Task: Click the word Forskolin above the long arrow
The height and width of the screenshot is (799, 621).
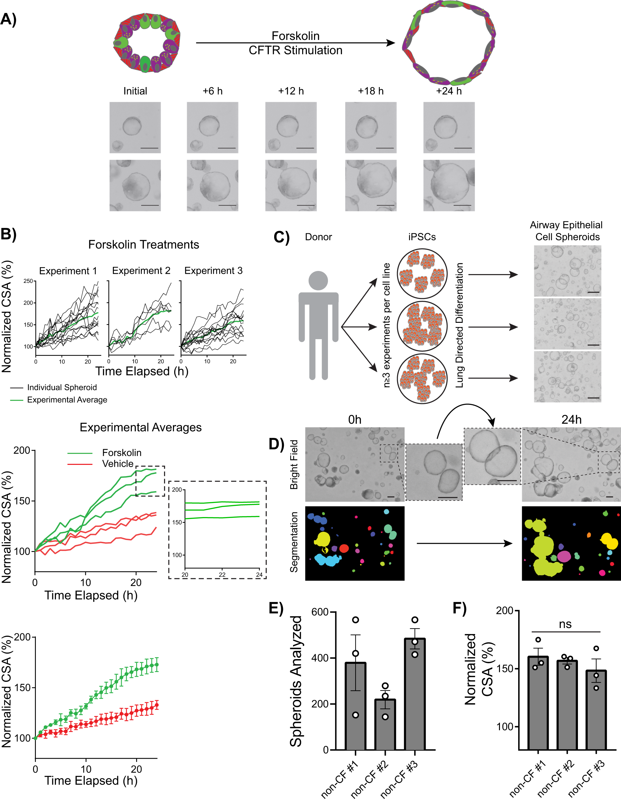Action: click(x=295, y=36)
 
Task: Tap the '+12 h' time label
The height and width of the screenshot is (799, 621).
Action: click(x=291, y=91)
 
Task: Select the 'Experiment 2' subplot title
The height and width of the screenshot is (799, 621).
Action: click(x=141, y=270)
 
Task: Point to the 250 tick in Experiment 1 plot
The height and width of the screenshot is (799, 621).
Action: click(x=28, y=281)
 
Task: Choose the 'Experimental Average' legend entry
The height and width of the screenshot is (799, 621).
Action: click(x=67, y=399)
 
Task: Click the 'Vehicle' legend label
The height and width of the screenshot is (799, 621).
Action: click(x=118, y=464)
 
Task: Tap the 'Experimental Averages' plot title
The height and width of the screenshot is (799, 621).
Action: click(x=141, y=427)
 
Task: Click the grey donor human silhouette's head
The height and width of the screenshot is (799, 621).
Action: click(x=318, y=281)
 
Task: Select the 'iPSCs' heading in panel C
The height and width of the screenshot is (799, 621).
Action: click(x=422, y=237)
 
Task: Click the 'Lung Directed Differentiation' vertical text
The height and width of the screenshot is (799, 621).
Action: click(x=459, y=325)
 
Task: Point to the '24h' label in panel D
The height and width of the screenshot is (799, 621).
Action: click(x=571, y=419)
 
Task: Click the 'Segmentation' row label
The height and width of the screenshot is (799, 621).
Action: click(x=294, y=542)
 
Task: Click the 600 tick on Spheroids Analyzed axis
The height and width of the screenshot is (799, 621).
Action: click(x=320, y=612)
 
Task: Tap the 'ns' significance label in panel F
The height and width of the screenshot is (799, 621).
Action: click(x=565, y=624)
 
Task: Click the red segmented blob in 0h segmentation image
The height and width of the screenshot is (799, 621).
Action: click(x=344, y=548)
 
